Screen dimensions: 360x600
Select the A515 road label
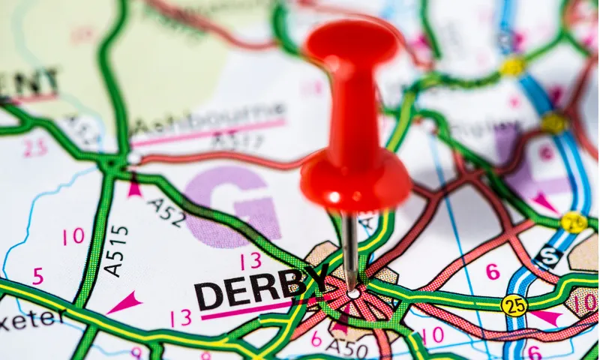[x=116, y=250]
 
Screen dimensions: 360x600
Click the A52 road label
[x=166, y=212]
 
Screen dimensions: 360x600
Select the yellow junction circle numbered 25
[x=514, y=304]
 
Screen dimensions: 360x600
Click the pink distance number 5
[x=37, y=277]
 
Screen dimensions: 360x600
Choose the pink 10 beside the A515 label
[x=73, y=237]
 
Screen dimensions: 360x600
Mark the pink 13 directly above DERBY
[x=250, y=260]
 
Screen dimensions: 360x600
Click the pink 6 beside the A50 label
[x=316, y=339]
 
